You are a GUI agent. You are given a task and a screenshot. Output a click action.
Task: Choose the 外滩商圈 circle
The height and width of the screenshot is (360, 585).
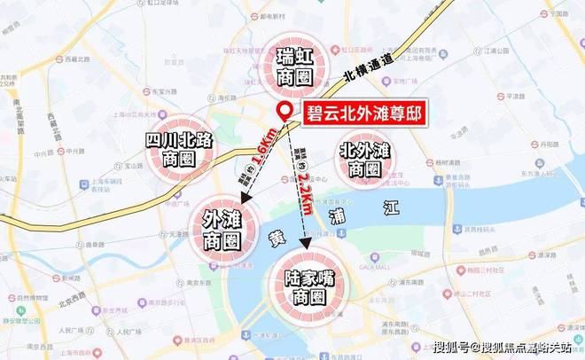222,228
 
